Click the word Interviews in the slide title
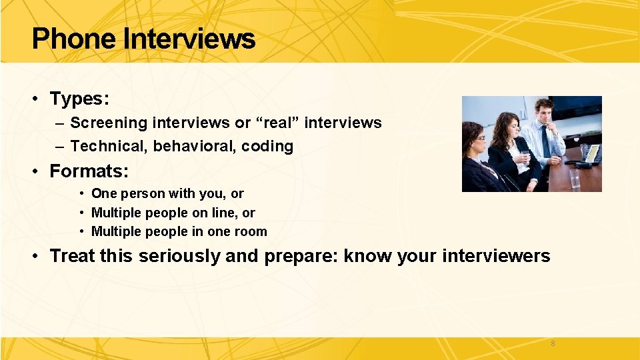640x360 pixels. pyautogui.click(x=189, y=39)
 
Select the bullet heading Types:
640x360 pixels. pyautogui.click(x=79, y=99)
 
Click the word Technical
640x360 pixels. pyautogui.click(x=108, y=146)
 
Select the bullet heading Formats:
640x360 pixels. pyautogui.click(x=89, y=171)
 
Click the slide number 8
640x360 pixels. pyautogui.click(x=553, y=343)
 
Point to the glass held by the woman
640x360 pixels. pyautogui.click(x=524, y=156)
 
